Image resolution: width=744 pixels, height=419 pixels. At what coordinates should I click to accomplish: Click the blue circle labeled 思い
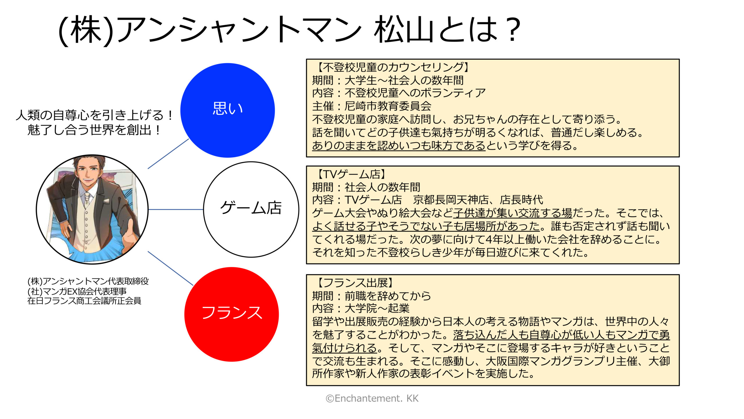pos(228,110)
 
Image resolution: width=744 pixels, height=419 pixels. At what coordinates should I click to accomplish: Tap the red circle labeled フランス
pos(232,314)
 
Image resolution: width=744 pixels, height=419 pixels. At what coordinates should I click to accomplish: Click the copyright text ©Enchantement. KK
pos(372,398)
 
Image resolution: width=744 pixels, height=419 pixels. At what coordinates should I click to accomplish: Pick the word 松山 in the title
pos(402,29)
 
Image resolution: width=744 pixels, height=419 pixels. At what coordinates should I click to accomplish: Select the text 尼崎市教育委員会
pos(388,106)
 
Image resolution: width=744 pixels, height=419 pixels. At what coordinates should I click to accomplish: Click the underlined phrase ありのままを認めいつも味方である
pos(399,145)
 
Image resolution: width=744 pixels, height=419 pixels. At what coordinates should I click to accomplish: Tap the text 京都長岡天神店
pos(451,200)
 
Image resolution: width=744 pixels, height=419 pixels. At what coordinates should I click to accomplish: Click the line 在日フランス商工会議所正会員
pos(84,301)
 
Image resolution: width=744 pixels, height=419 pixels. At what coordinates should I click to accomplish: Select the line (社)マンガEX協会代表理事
pos(77,291)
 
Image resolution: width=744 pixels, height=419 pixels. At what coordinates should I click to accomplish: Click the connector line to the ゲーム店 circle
pos(176,210)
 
